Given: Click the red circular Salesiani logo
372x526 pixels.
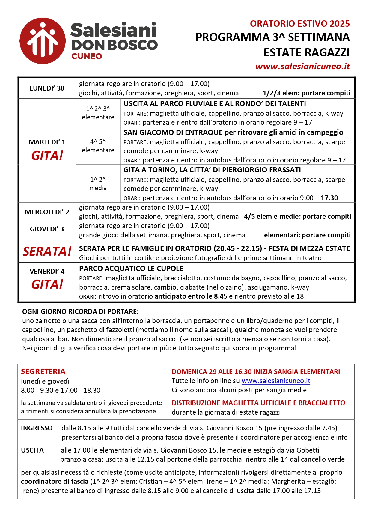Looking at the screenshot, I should pos(42,41).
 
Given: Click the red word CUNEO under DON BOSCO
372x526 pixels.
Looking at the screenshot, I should pos(87,56).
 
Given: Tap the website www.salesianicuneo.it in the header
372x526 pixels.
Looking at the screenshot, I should pos(302,66).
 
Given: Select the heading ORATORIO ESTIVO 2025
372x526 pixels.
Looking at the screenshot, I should pos(300,24).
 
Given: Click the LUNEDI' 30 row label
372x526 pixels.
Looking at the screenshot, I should pos(47,88).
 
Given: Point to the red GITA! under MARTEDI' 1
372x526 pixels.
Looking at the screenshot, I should pos(47,156).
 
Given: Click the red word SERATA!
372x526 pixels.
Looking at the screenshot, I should pos(47,251).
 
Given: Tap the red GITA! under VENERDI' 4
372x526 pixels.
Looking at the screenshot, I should pos(47,284).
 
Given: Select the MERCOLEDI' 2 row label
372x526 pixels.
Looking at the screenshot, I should pos(47,212).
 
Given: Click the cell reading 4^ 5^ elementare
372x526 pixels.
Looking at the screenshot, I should pos(98,146).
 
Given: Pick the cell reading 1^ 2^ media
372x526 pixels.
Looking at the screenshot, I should pos(98,183).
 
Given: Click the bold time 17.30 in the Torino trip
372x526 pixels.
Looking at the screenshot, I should pos(329,198).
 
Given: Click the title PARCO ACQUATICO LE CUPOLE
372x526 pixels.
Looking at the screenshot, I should pos(131,269).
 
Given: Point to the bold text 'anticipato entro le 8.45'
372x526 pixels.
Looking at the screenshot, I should pos(191,296).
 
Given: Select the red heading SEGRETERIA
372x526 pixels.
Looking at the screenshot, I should pos(43,372).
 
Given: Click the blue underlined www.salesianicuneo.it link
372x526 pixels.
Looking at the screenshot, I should pos(276,381).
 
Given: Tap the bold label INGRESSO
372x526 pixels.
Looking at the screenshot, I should pos(37,428).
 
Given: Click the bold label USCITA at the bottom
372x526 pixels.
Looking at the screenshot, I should pos(32,450).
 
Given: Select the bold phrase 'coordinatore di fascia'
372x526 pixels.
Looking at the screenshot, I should pos(55,481).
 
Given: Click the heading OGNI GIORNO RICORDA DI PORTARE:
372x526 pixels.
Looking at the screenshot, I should pos(80,311).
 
